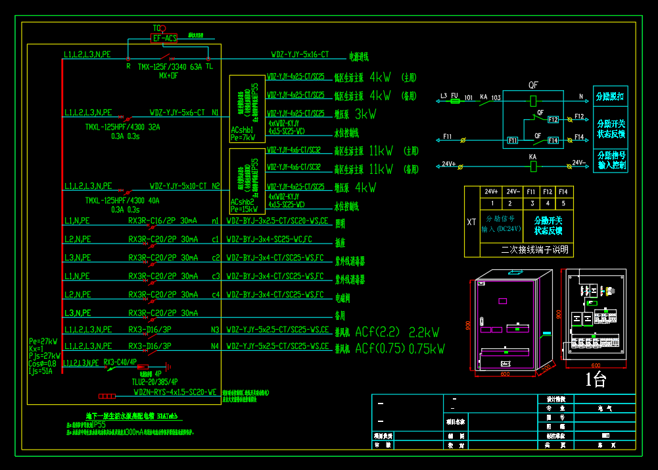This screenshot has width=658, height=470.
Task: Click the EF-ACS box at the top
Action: (165, 39)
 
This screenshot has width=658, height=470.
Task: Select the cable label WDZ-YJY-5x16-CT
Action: (300, 55)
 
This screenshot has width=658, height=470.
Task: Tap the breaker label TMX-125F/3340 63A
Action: (170, 67)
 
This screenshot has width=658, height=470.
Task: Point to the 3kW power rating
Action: (365, 114)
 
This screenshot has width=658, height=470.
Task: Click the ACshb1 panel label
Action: (243, 130)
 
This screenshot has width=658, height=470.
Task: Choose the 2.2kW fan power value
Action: (424, 332)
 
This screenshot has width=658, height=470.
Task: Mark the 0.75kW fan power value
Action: (427, 349)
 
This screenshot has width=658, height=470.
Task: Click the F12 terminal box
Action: (553, 120)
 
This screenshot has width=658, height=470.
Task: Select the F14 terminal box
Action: (553, 140)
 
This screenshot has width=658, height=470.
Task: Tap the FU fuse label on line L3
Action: (454, 96)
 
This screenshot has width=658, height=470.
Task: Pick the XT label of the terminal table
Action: (471, 222)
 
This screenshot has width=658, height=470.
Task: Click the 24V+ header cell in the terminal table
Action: (491, 192)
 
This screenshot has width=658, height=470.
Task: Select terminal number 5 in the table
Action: (563, 203)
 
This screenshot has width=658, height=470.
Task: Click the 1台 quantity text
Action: (596, 380)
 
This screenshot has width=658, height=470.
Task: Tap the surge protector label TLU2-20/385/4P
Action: (154, 381)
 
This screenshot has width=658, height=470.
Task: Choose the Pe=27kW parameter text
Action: (43, 341)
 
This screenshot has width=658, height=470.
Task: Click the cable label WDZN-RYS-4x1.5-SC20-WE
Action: (175, 392)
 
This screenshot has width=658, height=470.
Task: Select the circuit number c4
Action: (215, 294)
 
